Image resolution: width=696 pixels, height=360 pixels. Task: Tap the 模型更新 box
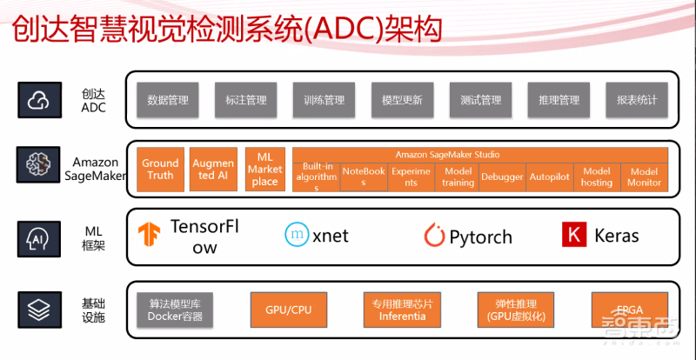(x=402, y=100)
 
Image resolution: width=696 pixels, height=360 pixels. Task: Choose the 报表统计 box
(x=636, y=100)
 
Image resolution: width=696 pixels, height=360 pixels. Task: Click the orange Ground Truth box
(x=160, y=169)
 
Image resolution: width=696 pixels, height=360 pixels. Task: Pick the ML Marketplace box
(x=264, y=169)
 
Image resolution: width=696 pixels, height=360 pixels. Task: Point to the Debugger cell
(x=502, y=177)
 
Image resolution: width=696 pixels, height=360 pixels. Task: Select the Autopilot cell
(x=549, y=177)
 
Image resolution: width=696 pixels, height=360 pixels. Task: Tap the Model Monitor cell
(x=644, y=177)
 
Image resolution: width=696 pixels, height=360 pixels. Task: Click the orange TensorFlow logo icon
(x=150, y=235)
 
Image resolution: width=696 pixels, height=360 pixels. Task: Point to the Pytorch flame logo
(x=434, y=235)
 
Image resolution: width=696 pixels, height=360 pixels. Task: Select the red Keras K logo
(x=573, y=235)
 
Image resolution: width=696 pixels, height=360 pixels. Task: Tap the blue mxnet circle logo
(x=297, y=234)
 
